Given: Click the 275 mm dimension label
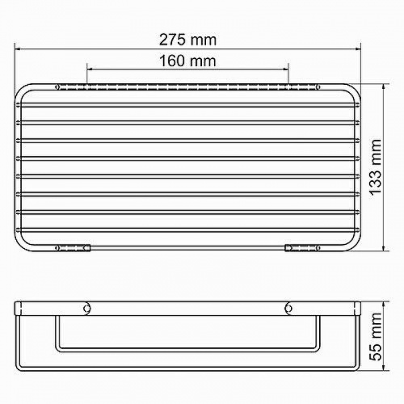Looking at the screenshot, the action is [x=187, y=40].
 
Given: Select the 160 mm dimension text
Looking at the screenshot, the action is [x=187, y=61].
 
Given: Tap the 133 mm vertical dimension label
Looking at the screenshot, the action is [x=375, y=167].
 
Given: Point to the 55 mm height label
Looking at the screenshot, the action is [x=375, y=336].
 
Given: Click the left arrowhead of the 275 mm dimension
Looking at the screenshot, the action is [x=17, y=49].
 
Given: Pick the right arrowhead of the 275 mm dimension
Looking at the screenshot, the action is [x=358, y=49].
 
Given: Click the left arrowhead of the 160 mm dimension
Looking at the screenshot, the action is [x=90, y=69].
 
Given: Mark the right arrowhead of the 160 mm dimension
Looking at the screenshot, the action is [x=286, y=69].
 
